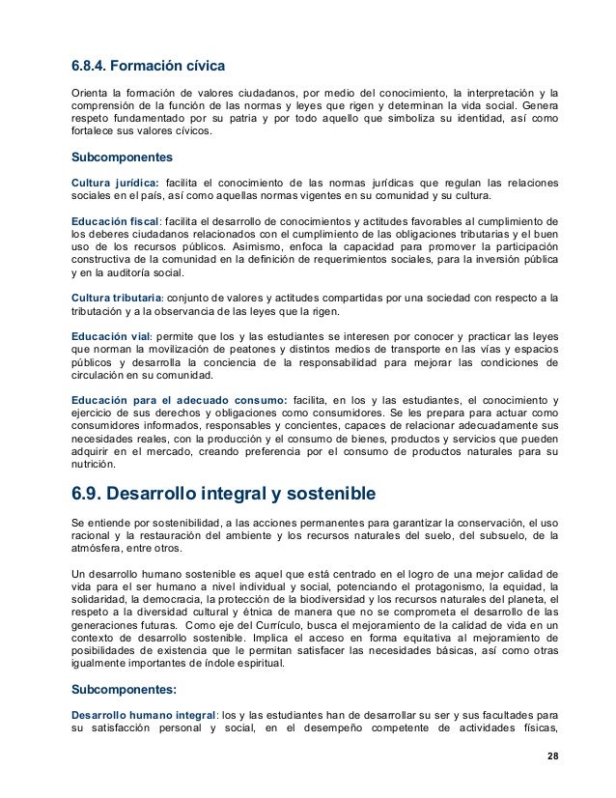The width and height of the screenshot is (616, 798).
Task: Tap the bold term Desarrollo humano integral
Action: coord(143,714)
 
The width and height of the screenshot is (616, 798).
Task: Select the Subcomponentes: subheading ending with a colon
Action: coord(123,690)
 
